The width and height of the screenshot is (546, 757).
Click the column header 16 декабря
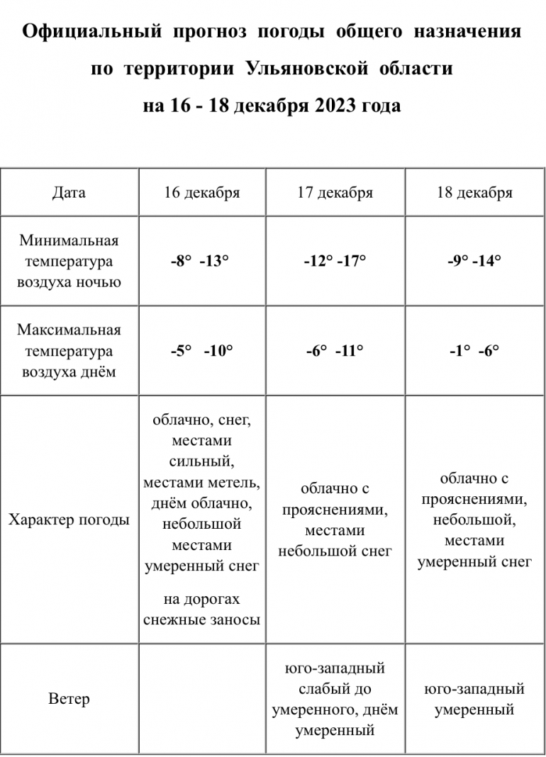(201, 193)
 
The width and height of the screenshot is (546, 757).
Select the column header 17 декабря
(335, 193)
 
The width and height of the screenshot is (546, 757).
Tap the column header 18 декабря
(474, 193)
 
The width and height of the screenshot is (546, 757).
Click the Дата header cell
(69, 193)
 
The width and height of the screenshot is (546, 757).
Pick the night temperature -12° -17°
(335, 261)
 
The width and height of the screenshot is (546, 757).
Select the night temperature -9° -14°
(474, 261)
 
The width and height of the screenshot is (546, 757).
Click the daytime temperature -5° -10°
(201, 350)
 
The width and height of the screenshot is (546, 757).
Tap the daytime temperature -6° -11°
(335, 350)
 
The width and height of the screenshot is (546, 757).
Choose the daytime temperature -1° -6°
(474, 350)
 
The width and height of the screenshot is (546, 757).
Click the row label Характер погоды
(69, 520)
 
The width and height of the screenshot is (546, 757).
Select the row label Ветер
(69, 699)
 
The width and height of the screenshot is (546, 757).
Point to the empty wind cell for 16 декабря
(201, 699)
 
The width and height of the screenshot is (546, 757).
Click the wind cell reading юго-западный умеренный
(474, 699)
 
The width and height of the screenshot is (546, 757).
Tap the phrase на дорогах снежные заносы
(201, 610)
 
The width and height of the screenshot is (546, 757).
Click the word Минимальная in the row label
(69, 241)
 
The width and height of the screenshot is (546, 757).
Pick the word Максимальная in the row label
(69, 330)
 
